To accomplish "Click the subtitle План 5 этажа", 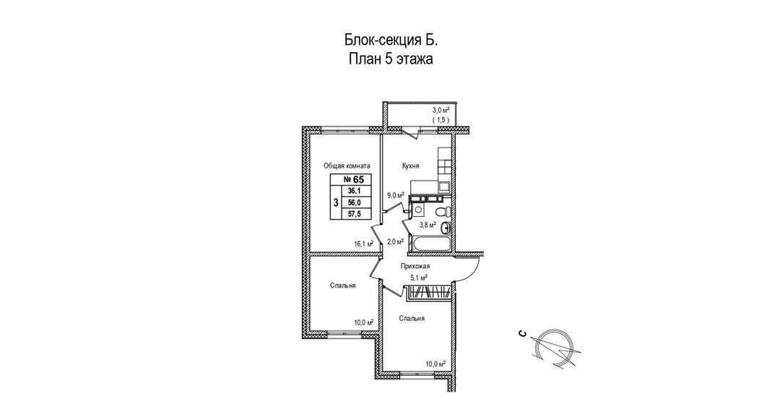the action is tap(391, 59).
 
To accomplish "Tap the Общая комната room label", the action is tap(347, 166).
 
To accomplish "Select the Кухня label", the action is tap(410, 166).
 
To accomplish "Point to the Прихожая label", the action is tap(415, 266).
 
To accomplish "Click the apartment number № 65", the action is tap(354, 180).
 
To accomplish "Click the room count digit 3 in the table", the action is tap(336, 202).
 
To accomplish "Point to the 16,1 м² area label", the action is tap(363, 244).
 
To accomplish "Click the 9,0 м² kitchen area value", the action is tap(396, 195).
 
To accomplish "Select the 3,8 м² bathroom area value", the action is tap(428, 225).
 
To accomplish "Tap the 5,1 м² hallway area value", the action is tap(418, 278).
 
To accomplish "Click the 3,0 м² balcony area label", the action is tap(441, 110).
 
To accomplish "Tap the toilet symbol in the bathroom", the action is tap(442, 212).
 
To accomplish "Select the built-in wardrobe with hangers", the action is tap(429, 292).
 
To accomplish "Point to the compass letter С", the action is tap(522, 333).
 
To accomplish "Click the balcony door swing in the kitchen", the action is tap(410, 132).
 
